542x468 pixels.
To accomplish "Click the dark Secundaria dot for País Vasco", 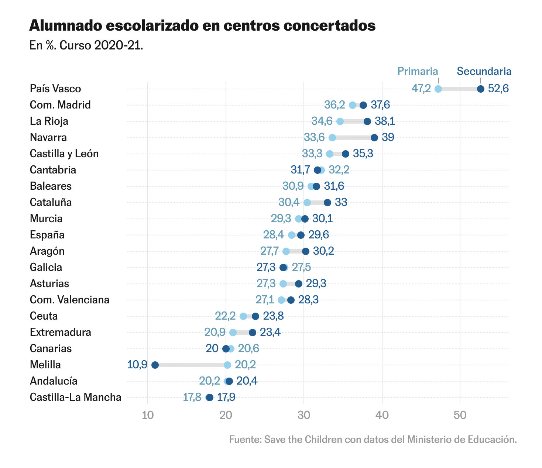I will (480, 89).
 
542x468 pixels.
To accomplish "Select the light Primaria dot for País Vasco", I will (438, 89).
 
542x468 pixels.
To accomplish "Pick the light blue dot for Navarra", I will (332, 138).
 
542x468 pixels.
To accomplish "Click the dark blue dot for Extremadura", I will (253, 333).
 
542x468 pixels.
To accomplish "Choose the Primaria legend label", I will (418, 71).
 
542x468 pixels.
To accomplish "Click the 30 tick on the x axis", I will (304, 415).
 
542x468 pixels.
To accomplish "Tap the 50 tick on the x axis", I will (460, 415).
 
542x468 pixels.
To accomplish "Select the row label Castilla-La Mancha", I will (75, 397).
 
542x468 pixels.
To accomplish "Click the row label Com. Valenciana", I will (69, 300).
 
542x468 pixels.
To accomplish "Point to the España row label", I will (47, 235).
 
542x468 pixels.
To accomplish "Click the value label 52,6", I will (498, 89).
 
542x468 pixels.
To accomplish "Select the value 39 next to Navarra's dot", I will (388, 137).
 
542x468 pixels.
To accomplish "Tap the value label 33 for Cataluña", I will (341, 202).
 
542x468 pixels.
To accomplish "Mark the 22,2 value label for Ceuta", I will (225, 316).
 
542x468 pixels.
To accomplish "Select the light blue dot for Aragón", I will (286, 251).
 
